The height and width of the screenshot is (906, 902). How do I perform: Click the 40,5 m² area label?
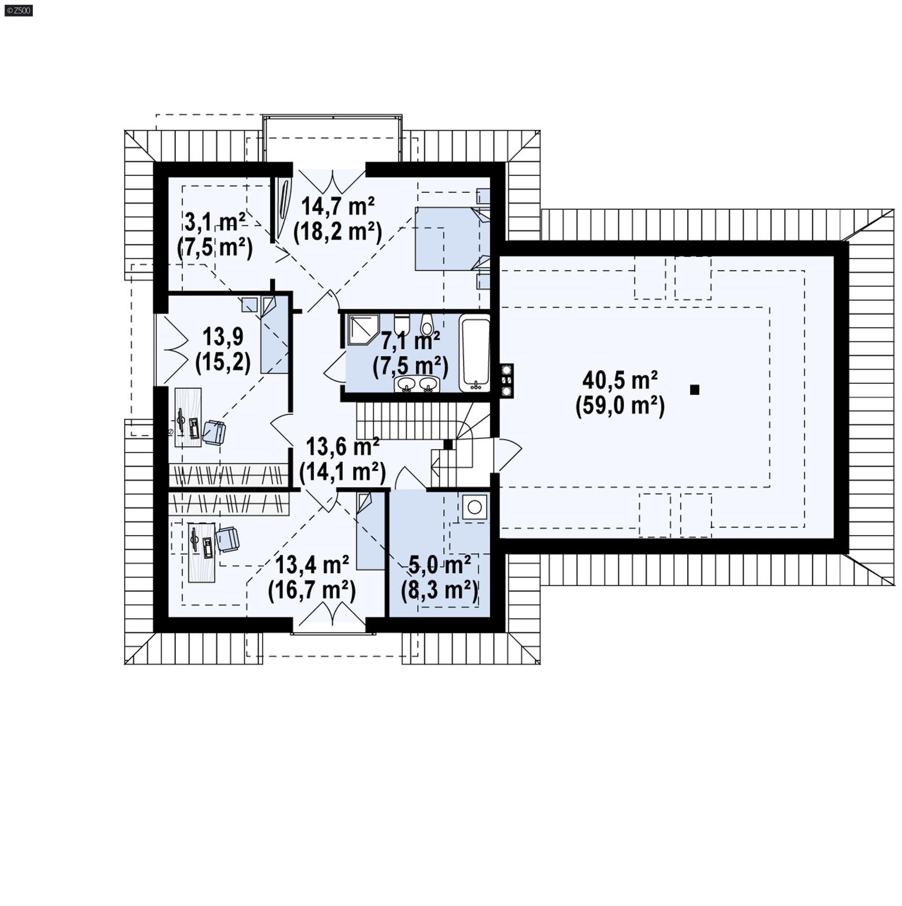(620, 381)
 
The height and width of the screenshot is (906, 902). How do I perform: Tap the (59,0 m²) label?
(620, 406)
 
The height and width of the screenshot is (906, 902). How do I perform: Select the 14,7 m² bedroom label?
(338, 206)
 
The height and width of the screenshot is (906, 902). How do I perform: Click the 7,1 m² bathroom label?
(410, 341)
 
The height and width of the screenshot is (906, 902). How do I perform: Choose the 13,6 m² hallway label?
(342, 447)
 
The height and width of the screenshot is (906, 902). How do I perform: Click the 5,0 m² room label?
(440, 563)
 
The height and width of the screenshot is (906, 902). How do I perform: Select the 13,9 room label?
(223, 337)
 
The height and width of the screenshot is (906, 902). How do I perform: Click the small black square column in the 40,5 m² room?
(695, 390)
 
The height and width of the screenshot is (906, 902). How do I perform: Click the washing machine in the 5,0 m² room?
(475, 507)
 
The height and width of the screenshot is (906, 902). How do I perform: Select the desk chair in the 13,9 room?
(214, 432)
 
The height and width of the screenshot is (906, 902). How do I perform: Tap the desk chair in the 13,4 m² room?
(228, 539)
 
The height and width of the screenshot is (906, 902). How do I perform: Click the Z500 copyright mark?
(19, 10)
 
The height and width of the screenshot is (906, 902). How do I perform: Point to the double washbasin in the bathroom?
(418, 385)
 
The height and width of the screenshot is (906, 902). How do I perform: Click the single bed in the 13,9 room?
(275, 336)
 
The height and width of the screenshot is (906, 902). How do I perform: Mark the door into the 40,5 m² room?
(507, 454)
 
